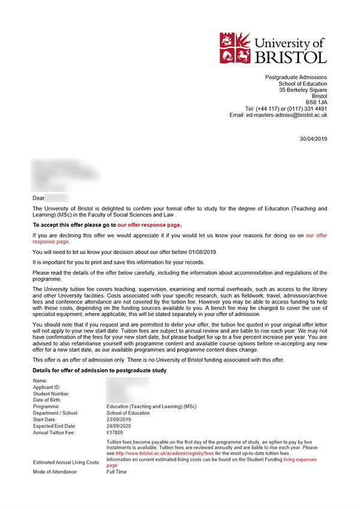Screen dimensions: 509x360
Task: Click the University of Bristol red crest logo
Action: click(236, 48)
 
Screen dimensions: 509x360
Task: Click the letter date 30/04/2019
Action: click(313, 138)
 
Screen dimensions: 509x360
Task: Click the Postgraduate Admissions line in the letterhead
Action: click(296, 77)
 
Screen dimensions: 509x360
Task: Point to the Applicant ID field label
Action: click(47, 387)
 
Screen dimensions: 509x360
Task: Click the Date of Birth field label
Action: click(49, 400)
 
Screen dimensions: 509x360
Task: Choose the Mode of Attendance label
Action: click(56, 472)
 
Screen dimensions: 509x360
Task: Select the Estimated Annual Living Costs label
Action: click(65, 462)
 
